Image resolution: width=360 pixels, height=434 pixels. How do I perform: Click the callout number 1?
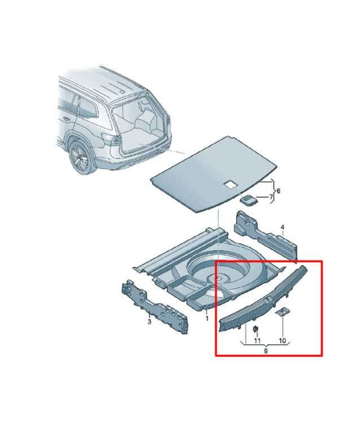pyautogui.click(x=207, y=317)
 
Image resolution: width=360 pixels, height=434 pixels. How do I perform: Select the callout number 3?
pyautogui.click(x=149, y=323)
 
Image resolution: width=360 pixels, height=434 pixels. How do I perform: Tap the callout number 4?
pyautogui.click(x=283, y=228)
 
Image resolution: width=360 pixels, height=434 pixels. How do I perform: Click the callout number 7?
pyautogui.click(x=272, y=197)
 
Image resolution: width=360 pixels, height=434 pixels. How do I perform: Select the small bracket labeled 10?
pyautogui.click(x=284, y=312)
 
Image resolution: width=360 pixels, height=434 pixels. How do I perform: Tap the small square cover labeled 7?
pyautogui.click(x=250, y=199)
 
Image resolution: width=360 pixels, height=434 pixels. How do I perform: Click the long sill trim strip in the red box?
pyautogui.click(x=263, y=297)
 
